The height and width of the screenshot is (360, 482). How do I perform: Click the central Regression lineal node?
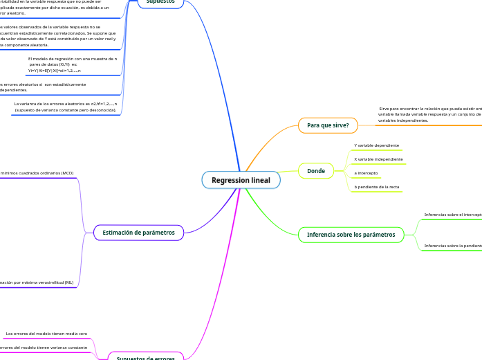pyautogui.click(x=241, y=180)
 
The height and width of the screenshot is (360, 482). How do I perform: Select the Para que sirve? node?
pyautogui.click(x=328, y=125)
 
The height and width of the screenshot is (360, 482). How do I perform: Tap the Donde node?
pyautogui.click(x=315, y=170)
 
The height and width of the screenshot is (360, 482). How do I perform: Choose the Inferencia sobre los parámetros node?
pyautogui.click(x=351, y=235)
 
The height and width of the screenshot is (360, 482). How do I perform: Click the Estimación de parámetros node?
pyautogui.click(x=138, y=233)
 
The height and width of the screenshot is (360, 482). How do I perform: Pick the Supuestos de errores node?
pyautogui.click(x=145, y=357)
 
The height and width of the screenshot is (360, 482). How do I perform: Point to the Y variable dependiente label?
pyautogui.click(x=376, y=145)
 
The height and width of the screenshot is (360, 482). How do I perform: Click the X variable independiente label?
pyautogui.click(x=378, y=159)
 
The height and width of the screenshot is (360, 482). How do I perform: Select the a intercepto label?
pyautogui.click(x=366, y=173)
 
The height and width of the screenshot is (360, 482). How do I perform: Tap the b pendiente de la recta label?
pyautogui.click(x=376, y=187)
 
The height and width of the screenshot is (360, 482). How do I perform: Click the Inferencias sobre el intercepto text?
pyautogui.click(x=453, y=215)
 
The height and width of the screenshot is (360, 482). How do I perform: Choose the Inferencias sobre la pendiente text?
pyautogui.click(x=453, y=246)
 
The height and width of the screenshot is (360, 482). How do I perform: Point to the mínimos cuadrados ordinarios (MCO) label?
pyautogui.click(x=37, y=173)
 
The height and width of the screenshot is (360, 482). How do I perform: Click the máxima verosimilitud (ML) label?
pyautogui.click(x=37, y=282)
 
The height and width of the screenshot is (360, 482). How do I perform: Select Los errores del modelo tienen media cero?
pyautogui.click(x=46, y=334)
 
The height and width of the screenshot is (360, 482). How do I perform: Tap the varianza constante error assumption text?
pyautogui.click(x=44, y=348)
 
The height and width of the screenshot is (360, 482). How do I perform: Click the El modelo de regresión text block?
pyautogui.click(x=72, y=65)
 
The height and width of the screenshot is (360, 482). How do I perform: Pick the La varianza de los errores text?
pyautogui.click(x=65, y=107)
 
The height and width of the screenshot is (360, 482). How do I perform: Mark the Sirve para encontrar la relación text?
pyautogui.click(x=429, y=114)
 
